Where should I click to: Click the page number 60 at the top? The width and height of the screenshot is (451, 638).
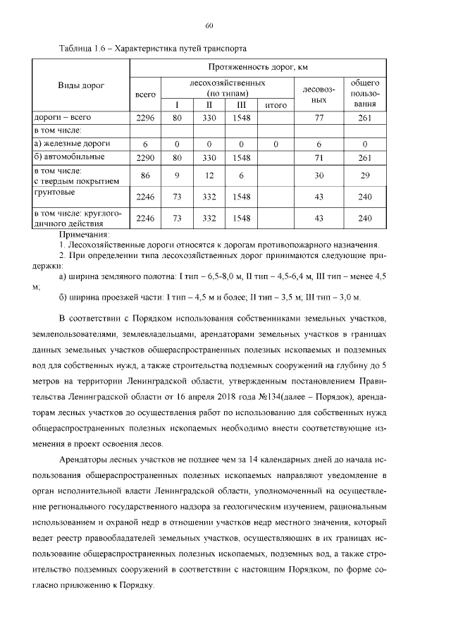pyautogui.click(x=209, y=26)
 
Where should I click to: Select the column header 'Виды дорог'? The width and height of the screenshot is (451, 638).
pyautogui.click(x=80, y=85)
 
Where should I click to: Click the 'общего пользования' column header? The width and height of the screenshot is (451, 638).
pyautogui.click(x=364, y=93)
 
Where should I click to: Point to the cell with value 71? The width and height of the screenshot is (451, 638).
pyautogui.click(x=319, y=157)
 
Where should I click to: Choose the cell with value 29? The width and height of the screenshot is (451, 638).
pyautogui.click(x=364, y=175)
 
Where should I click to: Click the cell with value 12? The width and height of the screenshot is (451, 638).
pyautogui.click(x=209, y=175)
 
